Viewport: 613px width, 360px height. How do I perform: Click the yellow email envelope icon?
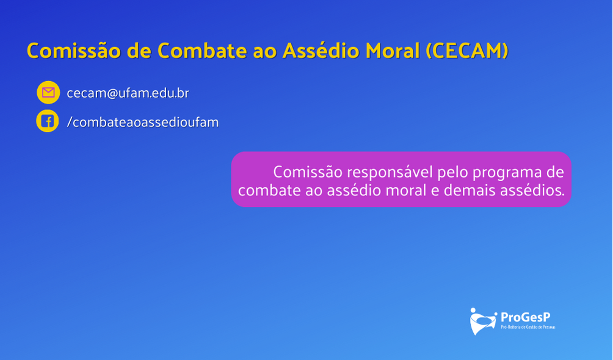point(48,92)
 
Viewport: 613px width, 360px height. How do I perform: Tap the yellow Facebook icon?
point(47,121)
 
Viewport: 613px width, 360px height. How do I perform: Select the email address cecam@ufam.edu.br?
point(128,93)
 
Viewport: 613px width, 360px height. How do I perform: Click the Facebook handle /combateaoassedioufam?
point(143,122)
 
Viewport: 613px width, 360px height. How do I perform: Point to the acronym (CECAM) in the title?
point(467,51)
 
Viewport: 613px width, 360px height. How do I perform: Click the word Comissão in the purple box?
point(308,173)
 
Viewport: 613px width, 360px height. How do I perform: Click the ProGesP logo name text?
point(526,317)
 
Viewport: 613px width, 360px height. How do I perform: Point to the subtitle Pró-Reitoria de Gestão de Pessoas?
point(528,327)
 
